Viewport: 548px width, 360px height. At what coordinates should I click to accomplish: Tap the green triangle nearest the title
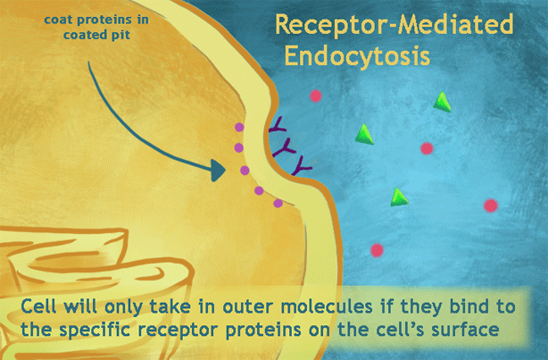click(x=441, y=102)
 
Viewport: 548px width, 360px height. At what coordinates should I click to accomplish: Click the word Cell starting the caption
click(x=44, y=307)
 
